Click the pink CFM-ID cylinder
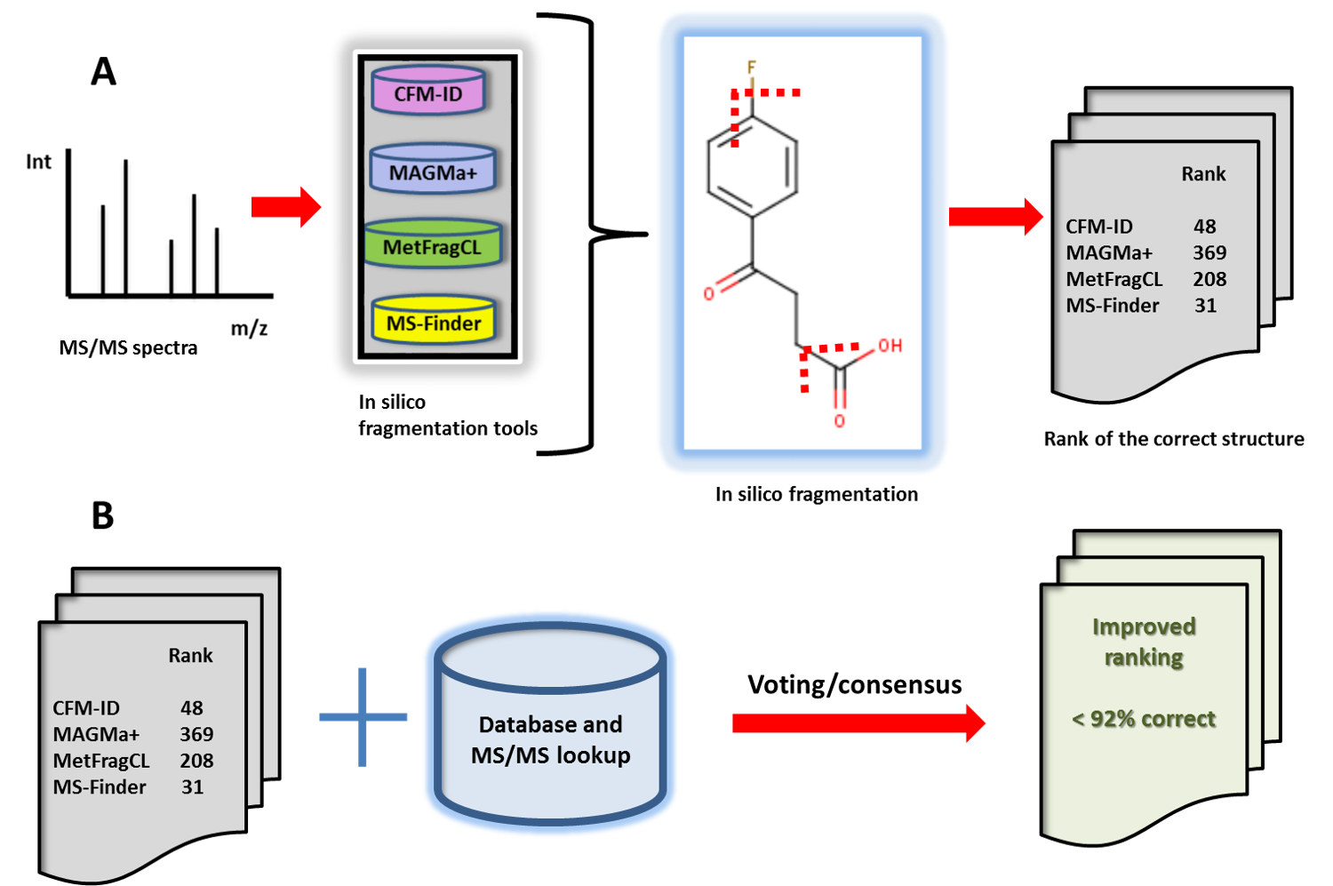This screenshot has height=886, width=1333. click(x=428, y=92)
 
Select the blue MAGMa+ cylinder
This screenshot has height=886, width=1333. click(x=433, y=171)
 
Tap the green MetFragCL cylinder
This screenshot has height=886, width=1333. click(x=433, y=246)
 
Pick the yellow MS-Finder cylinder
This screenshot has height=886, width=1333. click(x=434, y=322)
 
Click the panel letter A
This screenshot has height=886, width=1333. click(x=103, y=71)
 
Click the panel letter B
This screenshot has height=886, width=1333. click(x=103, y=515)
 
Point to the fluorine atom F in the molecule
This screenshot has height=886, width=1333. click(x=751, y=68)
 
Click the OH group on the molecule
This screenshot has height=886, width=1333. click(x=890, y=346)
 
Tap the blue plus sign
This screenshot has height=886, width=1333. click(x=363, y=717)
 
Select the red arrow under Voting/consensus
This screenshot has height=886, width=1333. click(x=858, y=723)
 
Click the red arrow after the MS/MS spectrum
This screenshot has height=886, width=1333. click(x=285, y=207)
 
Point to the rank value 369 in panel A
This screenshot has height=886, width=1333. click(x=1209, y=253)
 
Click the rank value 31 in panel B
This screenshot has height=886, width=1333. click(x=192, y=787)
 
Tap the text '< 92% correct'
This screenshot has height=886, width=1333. click(x=1143, y=719)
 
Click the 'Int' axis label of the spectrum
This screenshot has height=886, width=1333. click(x=38, y=162)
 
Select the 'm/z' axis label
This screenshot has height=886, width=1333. click(x=249, y=329)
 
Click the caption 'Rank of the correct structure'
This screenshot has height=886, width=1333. click(x=1173, y=439)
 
